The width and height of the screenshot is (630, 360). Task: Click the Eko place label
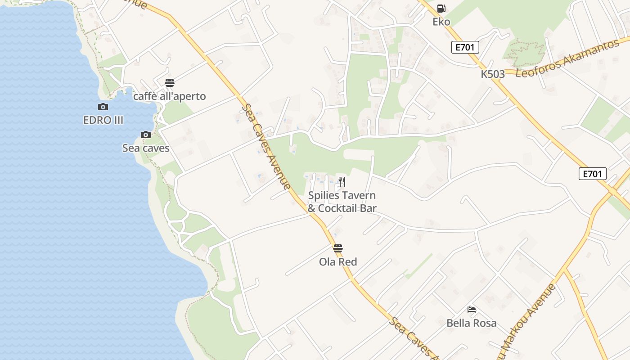pos(441,22)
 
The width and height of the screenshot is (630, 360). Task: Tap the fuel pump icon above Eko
pos(441,8)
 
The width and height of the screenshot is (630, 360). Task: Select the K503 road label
pos(493,74)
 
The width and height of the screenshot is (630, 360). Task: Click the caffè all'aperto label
pos(169,96)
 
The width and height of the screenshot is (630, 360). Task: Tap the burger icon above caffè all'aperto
pos(170,83)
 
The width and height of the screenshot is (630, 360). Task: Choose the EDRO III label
pos(103,120)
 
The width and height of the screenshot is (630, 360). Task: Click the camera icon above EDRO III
pos(103,107)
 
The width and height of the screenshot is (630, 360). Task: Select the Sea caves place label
pos(146,148)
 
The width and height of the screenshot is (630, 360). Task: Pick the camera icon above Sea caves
pos(146,135)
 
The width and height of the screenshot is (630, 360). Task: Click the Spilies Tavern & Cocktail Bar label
pos(342,202)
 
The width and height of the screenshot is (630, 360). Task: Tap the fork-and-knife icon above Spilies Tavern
pos(342,182)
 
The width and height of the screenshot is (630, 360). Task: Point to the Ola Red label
pos(338,262)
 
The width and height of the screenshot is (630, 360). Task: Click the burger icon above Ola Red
pos(338,248)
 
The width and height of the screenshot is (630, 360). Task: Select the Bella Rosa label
pos(472,323)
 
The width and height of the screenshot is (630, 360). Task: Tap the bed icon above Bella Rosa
pos(472,310)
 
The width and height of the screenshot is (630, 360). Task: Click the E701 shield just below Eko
pos(465,47)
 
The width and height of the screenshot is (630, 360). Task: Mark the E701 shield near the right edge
pos(593,174)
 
